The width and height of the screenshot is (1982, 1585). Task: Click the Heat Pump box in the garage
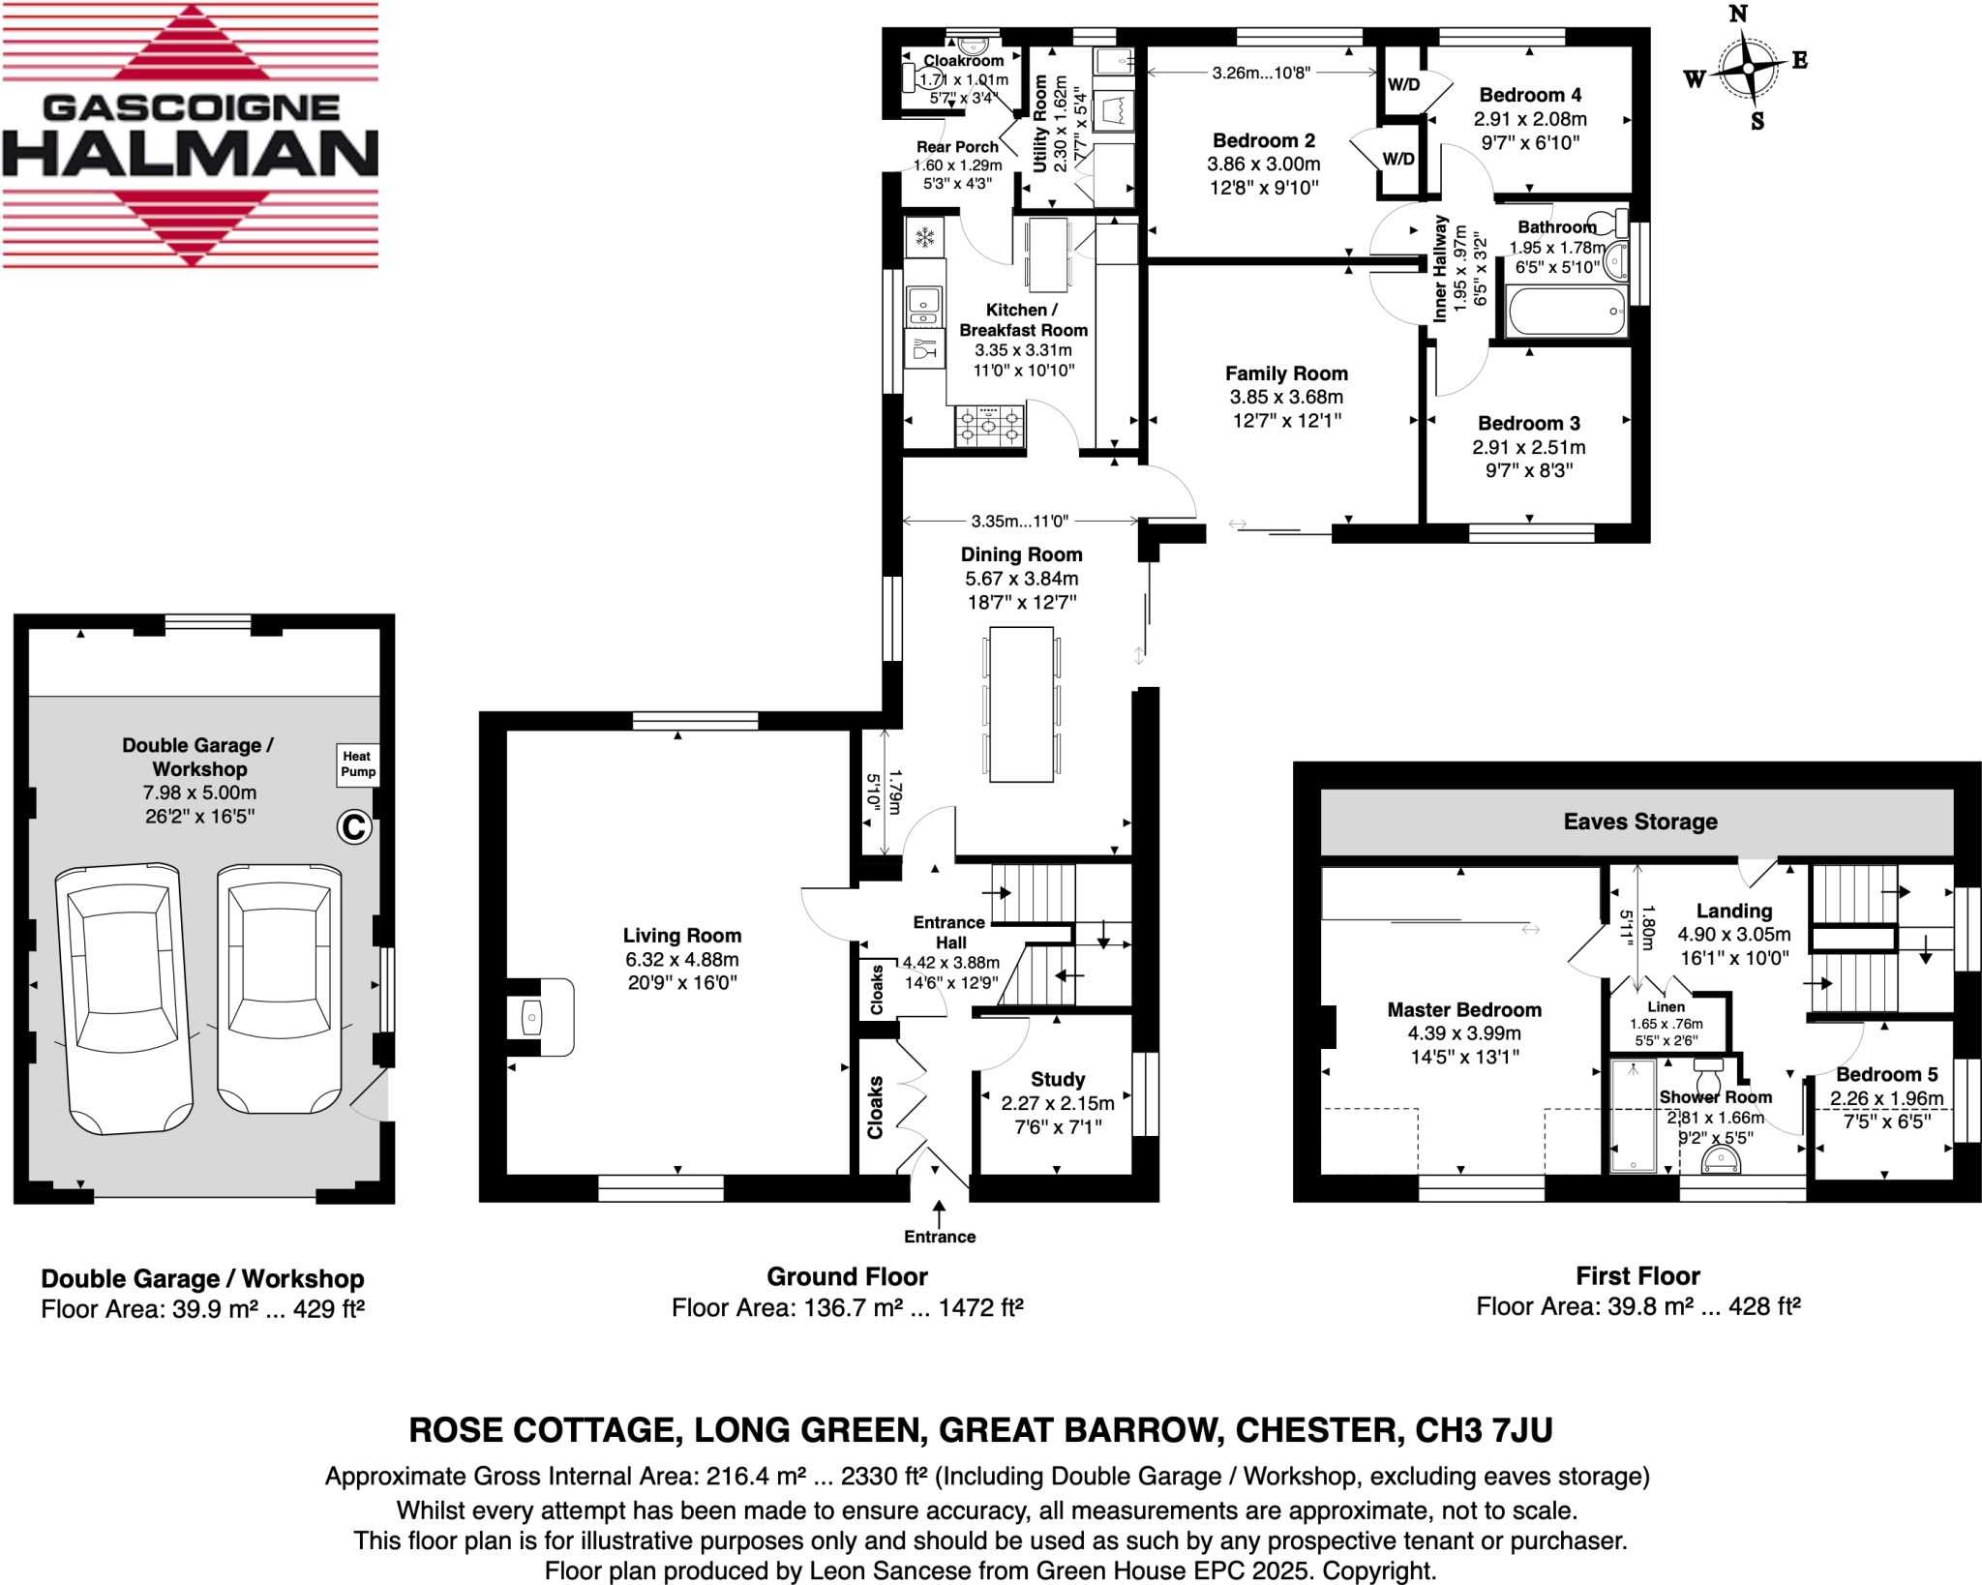click(357, 763)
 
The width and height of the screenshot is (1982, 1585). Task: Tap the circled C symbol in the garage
click(354, 827)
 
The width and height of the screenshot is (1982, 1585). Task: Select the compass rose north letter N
click(1738, 15)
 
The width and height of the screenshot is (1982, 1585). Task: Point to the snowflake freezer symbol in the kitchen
click(925, 237)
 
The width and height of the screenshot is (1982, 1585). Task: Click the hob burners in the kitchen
click(989, 426)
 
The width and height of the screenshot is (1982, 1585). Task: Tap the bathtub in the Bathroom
click(1566, 312)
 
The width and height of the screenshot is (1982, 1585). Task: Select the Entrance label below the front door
click(940, 1237)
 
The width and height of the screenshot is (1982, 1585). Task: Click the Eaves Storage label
click(1640, 822)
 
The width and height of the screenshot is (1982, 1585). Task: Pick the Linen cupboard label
click(1666, 1006)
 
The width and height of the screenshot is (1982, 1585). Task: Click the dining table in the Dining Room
click(1021, 703)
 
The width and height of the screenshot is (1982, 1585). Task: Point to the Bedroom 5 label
click(1886, 1074)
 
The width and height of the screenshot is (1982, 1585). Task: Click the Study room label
click(1057, 1079)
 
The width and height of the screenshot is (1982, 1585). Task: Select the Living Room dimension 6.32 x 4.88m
click(681, 959)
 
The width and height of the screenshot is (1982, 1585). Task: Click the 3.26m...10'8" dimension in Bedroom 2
click(1261, 73)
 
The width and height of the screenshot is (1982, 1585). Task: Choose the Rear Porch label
click(957, 147)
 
